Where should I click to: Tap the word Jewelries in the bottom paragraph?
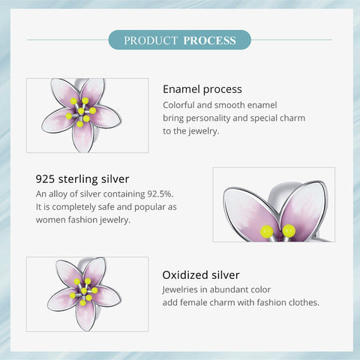(x=183, y=289)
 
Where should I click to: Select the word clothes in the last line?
(x=302, y=302)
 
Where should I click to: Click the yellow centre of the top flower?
(x=81, y=112)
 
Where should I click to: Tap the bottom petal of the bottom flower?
(x=85, y=316)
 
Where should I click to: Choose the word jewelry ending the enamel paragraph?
(x=207, y=131)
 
